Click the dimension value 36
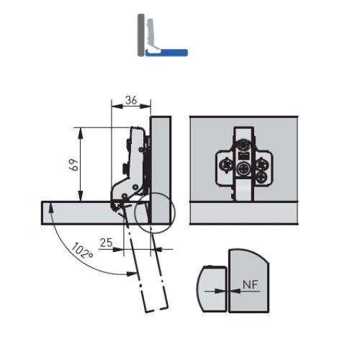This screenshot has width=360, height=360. click(x=131, y=100)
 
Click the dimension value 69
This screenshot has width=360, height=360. click(x=73, y=165)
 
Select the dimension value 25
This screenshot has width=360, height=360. click(x=106, y=243)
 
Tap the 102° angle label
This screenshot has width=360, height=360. click(x=82, y=251)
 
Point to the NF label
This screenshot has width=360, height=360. click(x=251, y=285)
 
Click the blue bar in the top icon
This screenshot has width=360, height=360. click(x=166, y=53)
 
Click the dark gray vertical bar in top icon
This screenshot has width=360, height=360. click(x=141, y=35)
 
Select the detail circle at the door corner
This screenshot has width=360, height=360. click(x=155, y=212)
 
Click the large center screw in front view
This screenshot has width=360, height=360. click(x=243, y=169)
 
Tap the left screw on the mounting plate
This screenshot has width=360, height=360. click(x=225, y=166)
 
